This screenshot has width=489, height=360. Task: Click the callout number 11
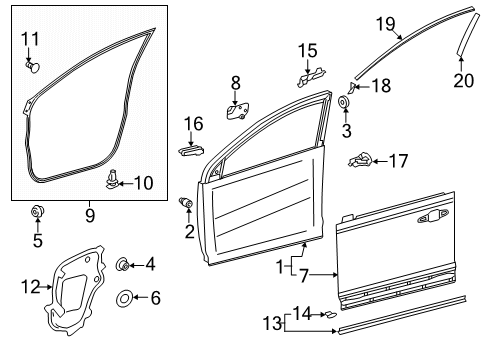point(31,39)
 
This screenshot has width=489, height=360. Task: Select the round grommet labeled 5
point(37,211)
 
